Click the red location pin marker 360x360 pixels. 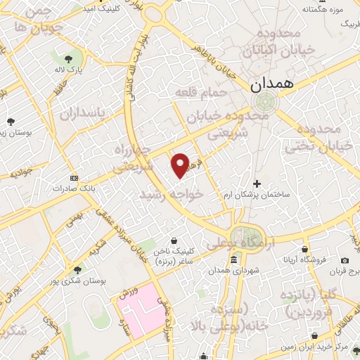pos(180,165)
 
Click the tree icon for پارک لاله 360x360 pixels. pos(68,60)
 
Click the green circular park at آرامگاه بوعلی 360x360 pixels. pos(244,235)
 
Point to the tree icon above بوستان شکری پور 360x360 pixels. pos(77,269)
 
